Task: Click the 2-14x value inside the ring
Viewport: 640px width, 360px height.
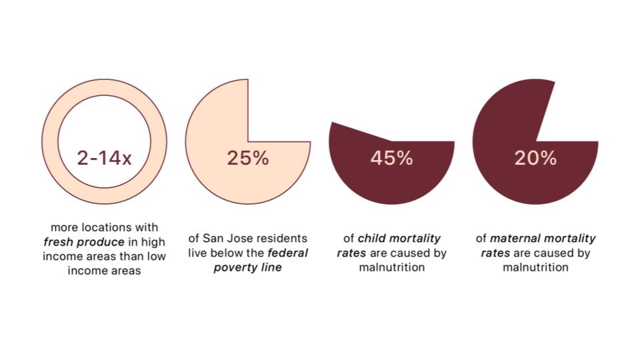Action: click(104, 159)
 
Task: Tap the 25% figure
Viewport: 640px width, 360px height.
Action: click(247, 159)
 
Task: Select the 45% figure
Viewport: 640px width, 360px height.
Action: click(391, 159)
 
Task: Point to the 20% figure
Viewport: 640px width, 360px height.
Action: click(535, 159)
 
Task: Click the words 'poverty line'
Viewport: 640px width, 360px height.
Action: click(247, 267)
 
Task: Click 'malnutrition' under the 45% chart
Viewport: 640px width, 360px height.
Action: click(392, 267)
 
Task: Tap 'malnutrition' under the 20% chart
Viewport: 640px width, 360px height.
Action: click(535, 267)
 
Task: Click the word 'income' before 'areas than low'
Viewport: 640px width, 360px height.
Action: click(62, 256)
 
